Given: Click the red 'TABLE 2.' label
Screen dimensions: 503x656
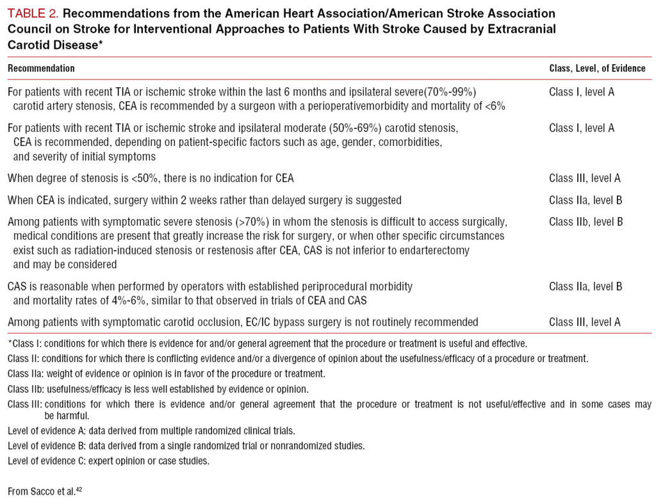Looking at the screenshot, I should pyautogui.click(x=33, y=13).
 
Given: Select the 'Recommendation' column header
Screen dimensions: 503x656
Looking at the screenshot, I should pyautogui.click(x=41, y=68).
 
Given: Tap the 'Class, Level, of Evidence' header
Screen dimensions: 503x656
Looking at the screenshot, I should pyautogui.click(x=597, y=68).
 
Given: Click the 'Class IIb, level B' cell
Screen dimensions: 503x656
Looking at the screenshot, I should pyautogui.click(x=586, y=222).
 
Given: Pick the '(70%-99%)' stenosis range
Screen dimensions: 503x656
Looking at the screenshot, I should pyautogui.click(x=453, y=92).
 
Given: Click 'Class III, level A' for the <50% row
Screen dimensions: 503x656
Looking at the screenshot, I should pyautogui.click(x=585, y=178).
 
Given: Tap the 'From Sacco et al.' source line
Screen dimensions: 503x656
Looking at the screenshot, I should pyautogui.click(x=41, y=491).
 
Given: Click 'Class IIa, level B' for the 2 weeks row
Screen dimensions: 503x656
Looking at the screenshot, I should pyautogui.click(x=586, y=200).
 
